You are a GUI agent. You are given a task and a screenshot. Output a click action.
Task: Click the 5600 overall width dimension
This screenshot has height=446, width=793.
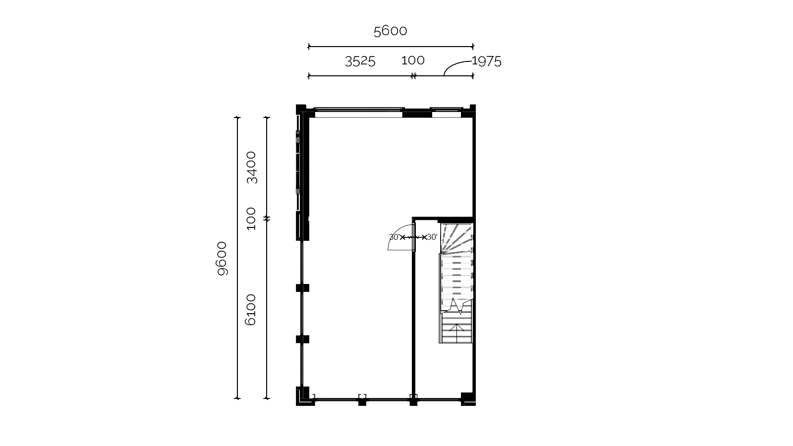tap(391, 31)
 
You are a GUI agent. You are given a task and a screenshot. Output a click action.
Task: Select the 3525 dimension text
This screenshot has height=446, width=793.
tap(360, 61)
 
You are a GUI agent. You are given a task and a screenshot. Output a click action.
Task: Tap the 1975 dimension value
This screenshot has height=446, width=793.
tap(487, 61)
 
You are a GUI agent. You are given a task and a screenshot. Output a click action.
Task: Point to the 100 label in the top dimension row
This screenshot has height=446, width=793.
tap(413, 60)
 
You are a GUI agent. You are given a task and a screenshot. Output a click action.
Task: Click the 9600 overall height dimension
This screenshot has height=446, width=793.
tap(222, 258)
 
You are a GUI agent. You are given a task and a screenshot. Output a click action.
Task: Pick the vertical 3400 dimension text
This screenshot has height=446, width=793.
tap(251, 167)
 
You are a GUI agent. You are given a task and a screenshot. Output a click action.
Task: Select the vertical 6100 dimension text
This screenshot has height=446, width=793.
tap(250, 310)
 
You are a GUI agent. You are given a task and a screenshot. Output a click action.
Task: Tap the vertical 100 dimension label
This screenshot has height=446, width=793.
tap(251, 219)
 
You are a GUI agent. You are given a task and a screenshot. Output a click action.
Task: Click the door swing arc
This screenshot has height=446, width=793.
tap(396, 232)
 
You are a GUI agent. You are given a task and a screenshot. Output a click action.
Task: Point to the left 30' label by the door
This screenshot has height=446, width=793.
tap(394, 237)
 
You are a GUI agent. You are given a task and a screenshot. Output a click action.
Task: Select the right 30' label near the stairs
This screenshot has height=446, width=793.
tap(432, 237)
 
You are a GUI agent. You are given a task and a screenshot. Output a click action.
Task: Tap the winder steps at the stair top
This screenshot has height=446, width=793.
tap(456, 238)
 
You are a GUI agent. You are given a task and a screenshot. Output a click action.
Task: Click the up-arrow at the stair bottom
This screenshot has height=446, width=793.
tap(456, 329)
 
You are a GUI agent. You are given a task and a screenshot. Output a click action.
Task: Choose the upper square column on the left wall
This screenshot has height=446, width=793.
tap(302, 288)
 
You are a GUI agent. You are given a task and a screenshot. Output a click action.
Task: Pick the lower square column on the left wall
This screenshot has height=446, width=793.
tap(302, 339)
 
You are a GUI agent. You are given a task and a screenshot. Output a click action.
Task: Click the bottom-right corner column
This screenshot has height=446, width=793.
tap(468, 399)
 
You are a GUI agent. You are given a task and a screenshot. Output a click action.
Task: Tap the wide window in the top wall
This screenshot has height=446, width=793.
tap(359, 112)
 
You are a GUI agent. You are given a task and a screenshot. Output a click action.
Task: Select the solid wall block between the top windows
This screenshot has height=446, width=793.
tap(417, 113)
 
